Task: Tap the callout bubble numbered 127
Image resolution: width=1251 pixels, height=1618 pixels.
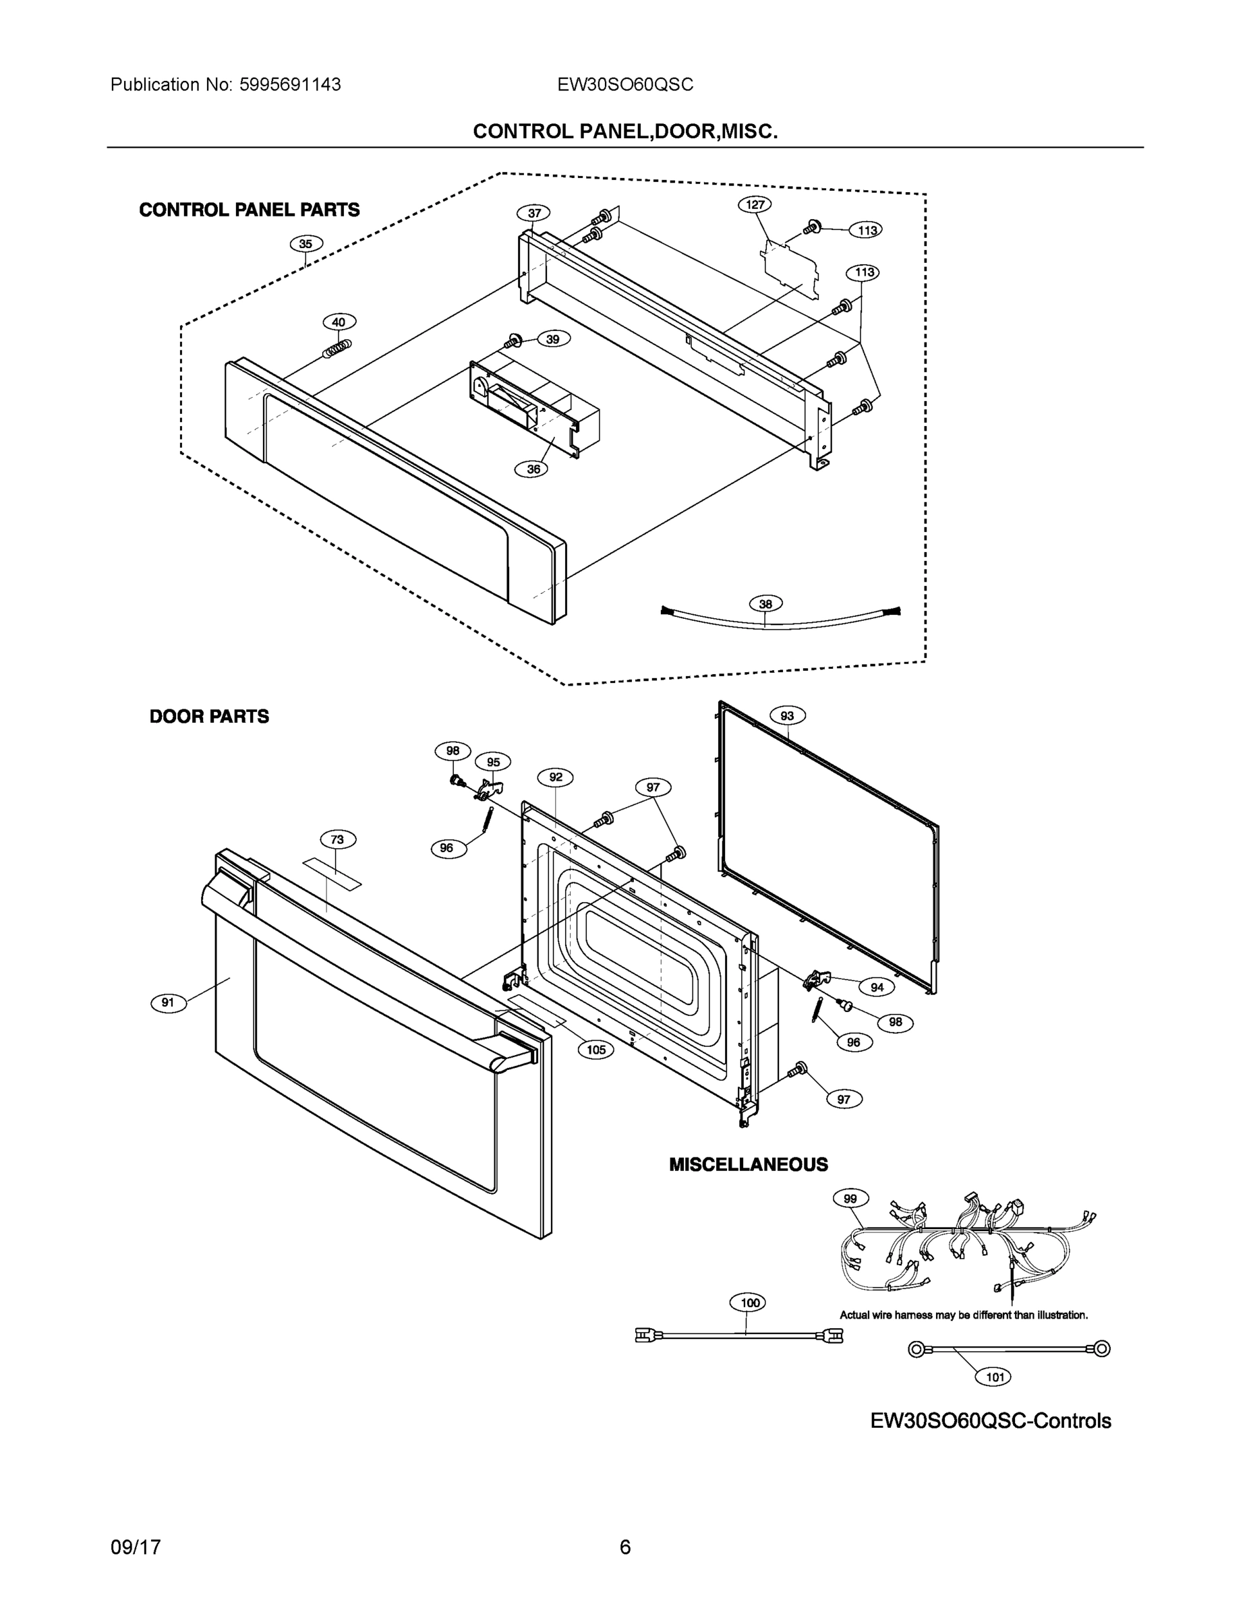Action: tap(755, 204)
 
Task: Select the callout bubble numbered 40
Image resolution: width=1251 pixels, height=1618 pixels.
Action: tap(339, 322)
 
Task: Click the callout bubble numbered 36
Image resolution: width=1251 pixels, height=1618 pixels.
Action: tap(533, 469)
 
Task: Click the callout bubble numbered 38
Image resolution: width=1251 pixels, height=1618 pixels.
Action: tap(765, 604)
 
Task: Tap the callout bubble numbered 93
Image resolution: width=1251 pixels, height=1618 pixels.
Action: tap(787, 716)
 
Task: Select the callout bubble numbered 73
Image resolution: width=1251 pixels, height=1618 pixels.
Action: tap(337, 839)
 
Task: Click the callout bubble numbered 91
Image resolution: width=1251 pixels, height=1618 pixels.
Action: tap(168, 1003)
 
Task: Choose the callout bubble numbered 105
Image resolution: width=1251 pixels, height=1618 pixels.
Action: tap(596, 1050)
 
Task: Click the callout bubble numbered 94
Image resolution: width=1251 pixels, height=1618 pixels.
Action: tap(877, 988)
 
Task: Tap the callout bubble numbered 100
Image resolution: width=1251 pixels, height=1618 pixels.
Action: tap(750, 1303)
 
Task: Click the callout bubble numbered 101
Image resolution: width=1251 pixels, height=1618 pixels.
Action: tap(994, 1377)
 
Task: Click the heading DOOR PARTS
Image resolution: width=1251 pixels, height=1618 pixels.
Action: tap(209, 717)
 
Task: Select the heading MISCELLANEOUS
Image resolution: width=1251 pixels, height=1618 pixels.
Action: tap(748, 1164)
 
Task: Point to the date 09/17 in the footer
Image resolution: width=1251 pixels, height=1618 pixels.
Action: tap(136, 1548)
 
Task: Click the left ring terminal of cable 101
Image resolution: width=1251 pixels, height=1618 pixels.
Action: tap(917, 1350)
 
